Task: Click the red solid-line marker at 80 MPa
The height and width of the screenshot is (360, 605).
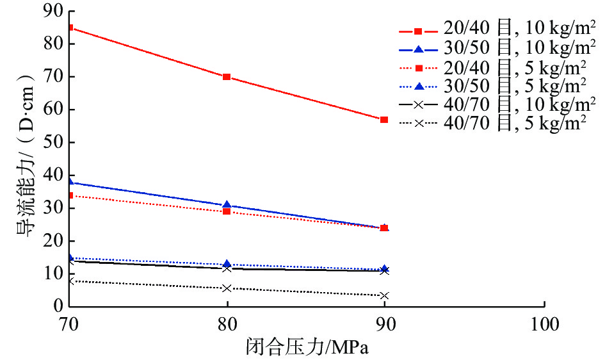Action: click(x=227, y=77)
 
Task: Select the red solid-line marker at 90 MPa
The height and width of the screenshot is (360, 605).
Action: click(x=384, y=120)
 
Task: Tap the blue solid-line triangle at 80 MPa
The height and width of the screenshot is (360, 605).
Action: click(x=227, y=205)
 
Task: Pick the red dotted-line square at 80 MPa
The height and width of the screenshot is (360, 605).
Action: click(x=227, y=211)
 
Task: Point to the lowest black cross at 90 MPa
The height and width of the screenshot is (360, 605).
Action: click(x=384, y=296)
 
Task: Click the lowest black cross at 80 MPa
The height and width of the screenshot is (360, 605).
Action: click(x=227, y=288)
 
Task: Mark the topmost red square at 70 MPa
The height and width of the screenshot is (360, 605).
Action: click(x=70, y=28)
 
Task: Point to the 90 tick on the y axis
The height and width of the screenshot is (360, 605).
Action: click(x=51, y=11)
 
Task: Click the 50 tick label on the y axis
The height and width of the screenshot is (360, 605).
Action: click(x=51, y=142)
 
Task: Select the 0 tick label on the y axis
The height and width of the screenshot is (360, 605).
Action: click(x=55, y=307)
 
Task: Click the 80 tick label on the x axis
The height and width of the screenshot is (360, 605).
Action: click(x=227, y=324)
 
